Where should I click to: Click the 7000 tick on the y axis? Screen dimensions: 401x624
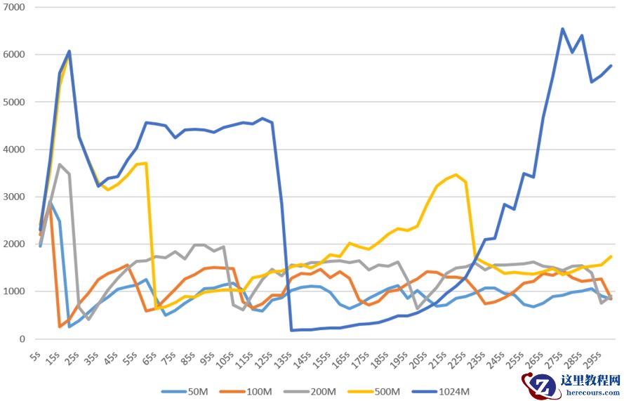pyautogui.click(x=14, y=7)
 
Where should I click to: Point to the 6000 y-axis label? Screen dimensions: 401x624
pyautogui.click(x=14, y=55)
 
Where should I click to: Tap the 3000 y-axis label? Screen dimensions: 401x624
pyautogui.click(x=14, y=197)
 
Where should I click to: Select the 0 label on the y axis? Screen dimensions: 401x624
pyautogui.click(x=22, y=339)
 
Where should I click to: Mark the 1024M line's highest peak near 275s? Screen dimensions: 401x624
pyautogui.click(x=562, y=29)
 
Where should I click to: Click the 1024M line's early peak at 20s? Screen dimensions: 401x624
pyautogui.click(x=69, y=51)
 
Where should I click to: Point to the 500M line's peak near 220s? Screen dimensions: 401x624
pyautogui.click(x=456, y=174)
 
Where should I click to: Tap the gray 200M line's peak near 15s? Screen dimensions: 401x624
pyautogui.click(x=60, y=164)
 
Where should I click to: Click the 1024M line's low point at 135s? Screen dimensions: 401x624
pyautogui.click(x=291, y=330)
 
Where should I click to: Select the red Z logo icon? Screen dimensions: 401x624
pyautogui.click(x=538, y=385)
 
